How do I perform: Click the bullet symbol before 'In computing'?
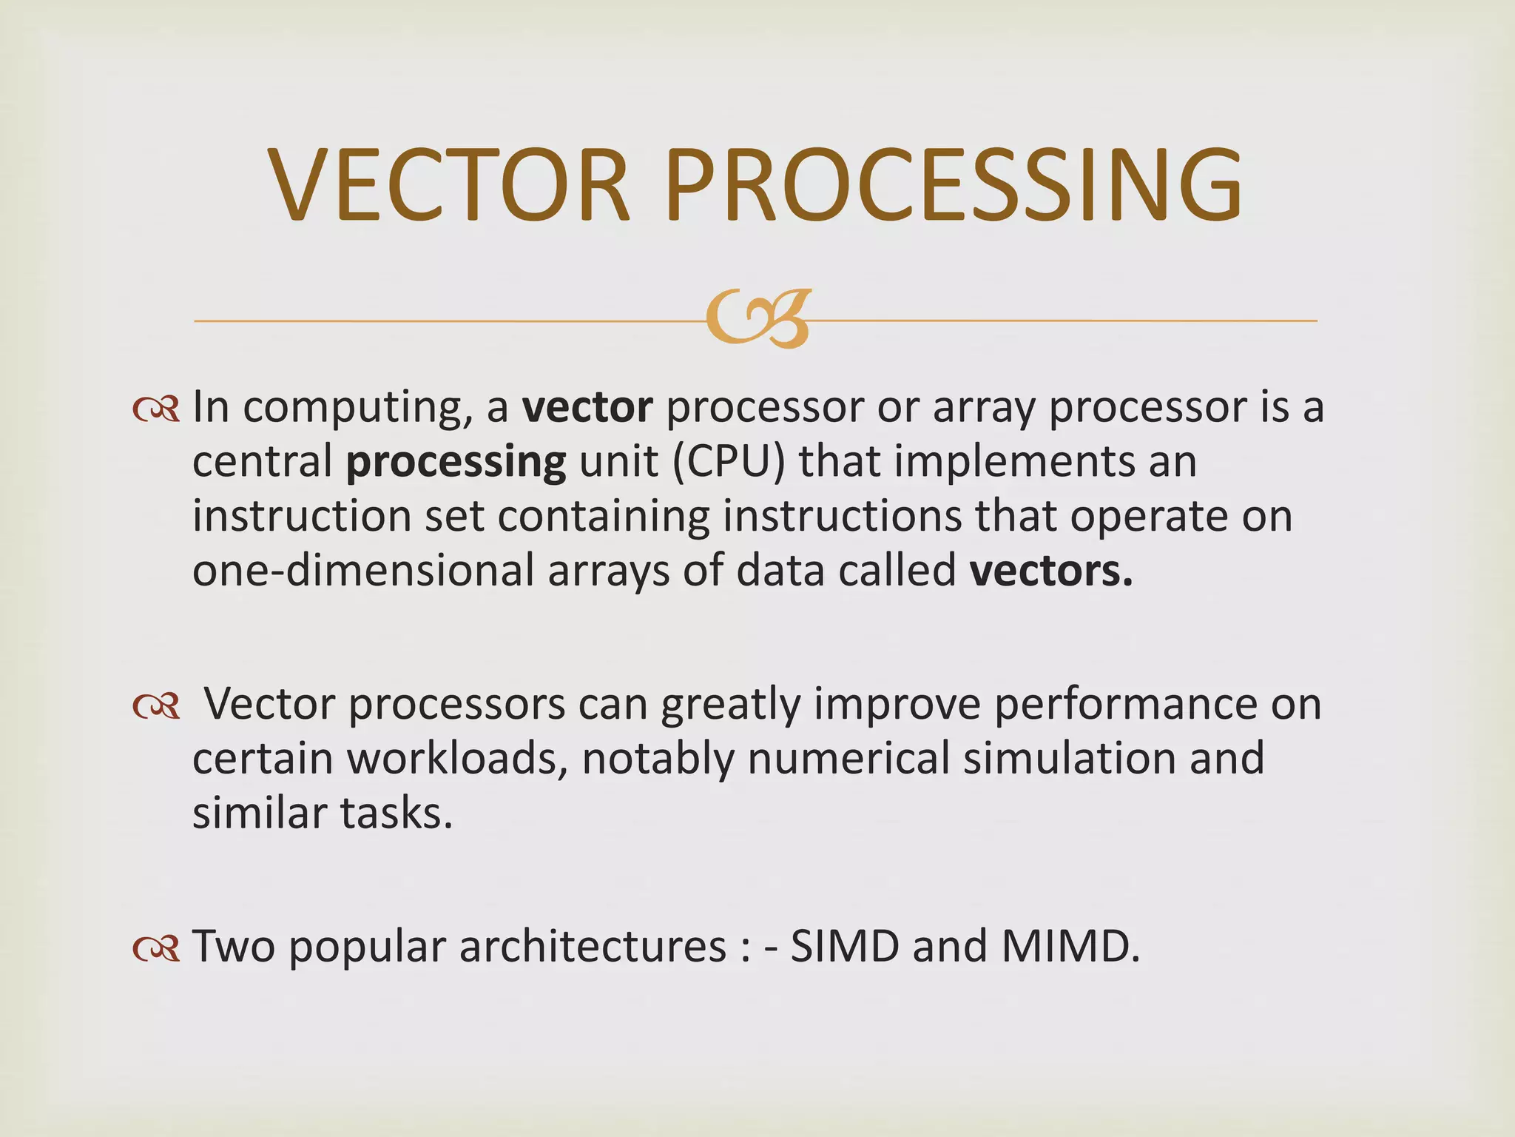pyautogui.click(x=156, y=409)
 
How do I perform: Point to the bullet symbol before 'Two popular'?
pyautogui.click(x=156, y=948)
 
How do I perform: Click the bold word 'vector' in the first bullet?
pyautogui.click(x=587, y=408)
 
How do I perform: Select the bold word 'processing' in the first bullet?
pyautogui.click(x=456, y=463)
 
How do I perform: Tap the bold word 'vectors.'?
pyautogui.click(x=1051, y=571)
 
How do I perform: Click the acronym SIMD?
pyautogui.click(x=845, y=947)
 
